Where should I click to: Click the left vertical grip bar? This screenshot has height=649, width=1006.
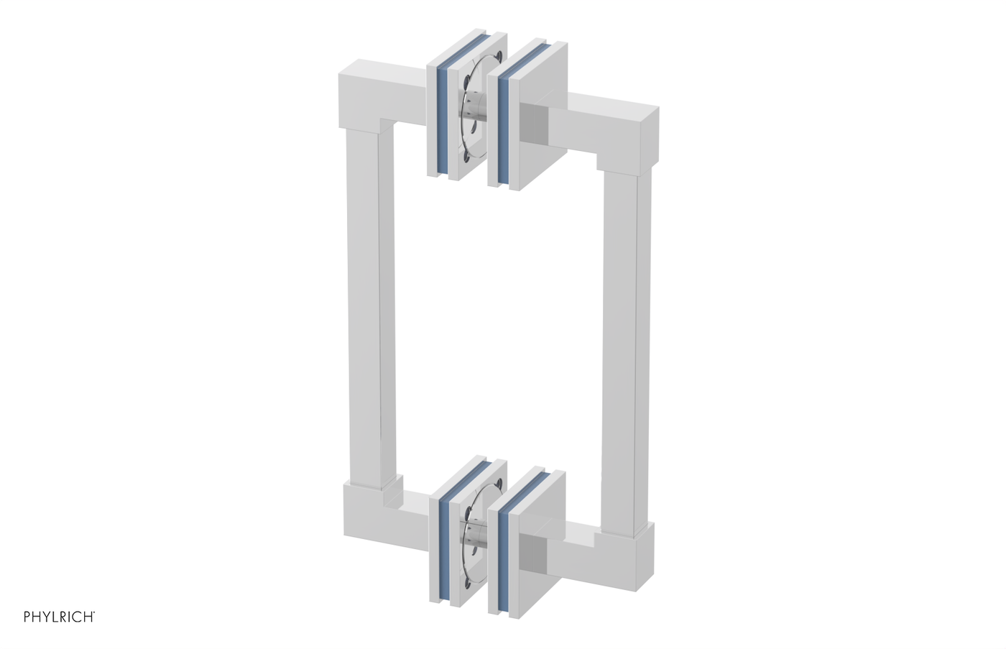tap(369, 302)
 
